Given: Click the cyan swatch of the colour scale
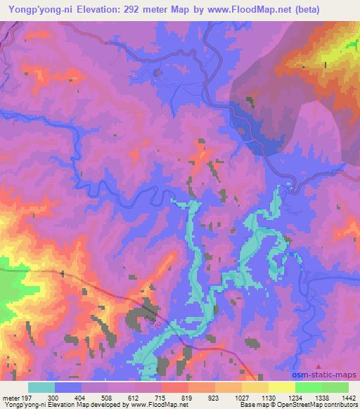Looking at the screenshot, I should tap(41, 387).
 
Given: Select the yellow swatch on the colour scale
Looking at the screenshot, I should tap(281, 387).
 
